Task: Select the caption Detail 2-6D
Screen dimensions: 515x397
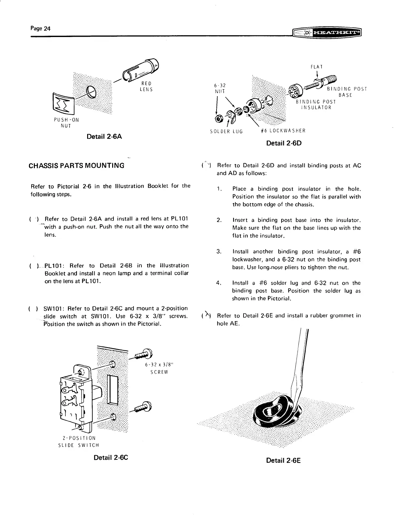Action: click(x=284, y=143)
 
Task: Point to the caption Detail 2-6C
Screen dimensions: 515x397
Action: click(x=111, y=458)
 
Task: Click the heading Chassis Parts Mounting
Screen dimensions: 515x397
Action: click(x=77, y=166)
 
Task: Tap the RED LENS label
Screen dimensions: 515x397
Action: click(x=145, y=86)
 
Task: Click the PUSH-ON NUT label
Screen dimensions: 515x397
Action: click(x=66, y=122)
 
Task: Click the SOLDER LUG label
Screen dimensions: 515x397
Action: click(x=227, y=131)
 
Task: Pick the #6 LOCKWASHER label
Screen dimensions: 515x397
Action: click(x=283, y=131)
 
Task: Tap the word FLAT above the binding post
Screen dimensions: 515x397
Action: click(x=316, y=67)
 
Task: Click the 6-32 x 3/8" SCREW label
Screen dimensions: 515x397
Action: click(x=159, y=369)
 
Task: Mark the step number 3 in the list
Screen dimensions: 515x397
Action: click(x=218, y=252)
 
